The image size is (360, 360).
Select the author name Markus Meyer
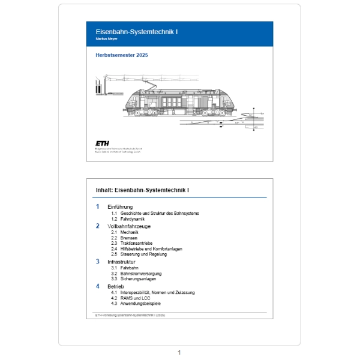107,39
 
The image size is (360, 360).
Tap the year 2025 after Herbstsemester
140,55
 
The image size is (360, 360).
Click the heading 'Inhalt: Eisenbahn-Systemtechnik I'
142,191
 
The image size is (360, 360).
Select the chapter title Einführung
120,207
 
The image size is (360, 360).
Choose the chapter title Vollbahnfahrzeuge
129,226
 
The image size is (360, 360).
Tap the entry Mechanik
130,232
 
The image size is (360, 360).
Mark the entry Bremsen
129,238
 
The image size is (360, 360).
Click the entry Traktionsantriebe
137,243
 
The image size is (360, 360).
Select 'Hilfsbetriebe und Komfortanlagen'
151,248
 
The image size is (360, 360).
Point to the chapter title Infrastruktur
122,262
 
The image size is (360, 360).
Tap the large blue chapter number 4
98,286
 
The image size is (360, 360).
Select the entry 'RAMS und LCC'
135,298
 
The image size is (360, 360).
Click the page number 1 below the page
179,352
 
